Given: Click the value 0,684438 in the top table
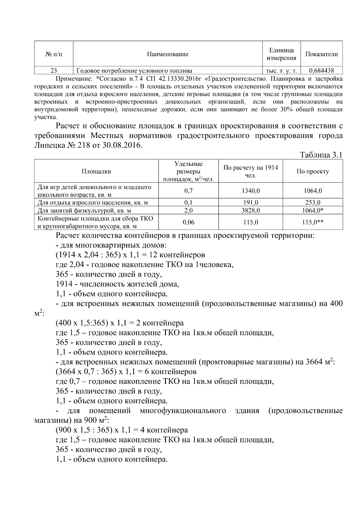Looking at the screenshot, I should click(x=321, y=71).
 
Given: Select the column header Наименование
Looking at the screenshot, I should click(x=168, y=54).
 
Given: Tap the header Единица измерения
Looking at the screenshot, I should click(x=281, y=54).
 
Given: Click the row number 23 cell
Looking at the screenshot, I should click(x=54, y=71).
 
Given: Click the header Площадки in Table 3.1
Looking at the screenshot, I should click(x=96, y=171).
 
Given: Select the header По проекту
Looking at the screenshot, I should click(x=313, y=171).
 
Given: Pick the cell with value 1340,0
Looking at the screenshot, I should click(x=250, y=191).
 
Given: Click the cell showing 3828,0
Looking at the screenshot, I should click(x=250, y=211).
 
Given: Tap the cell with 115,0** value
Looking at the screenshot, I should click(x=313, y=222).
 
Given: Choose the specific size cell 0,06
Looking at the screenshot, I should click(x=188, y=222).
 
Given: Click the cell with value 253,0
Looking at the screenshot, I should click(x=313, y=202).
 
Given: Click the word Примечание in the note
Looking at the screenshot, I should click(x=74, y=79).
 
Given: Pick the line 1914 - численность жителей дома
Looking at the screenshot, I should click(x=117, y=283).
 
